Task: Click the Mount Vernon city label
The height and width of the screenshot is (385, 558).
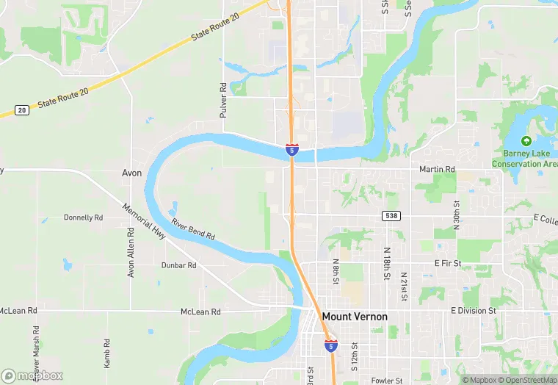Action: [354, 317]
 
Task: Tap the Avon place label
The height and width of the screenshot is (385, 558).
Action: [131, 173]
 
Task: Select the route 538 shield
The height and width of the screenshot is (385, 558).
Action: [391, 215]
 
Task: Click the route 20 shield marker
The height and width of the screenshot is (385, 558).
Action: [22, 110]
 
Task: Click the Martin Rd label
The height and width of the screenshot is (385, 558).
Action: [437, 169]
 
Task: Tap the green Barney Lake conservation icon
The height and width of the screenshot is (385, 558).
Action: [525, 140]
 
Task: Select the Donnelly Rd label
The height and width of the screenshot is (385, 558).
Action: [84, 217]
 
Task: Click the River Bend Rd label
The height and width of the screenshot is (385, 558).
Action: [193, 229]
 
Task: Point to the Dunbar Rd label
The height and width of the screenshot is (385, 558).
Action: [179, 265]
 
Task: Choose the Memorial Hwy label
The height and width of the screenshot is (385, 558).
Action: [145, 220]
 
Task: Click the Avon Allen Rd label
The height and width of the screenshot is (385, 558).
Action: [131, 252]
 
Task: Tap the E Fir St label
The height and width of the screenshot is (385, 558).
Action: [447, 262]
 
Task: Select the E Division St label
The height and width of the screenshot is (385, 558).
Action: [474, 311]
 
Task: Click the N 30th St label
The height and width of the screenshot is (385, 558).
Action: [456, 213]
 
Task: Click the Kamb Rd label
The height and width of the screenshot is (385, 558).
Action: [106, 353]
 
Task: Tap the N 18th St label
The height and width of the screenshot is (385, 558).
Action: [386, 264]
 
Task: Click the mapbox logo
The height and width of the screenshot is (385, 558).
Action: [32, 375]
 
